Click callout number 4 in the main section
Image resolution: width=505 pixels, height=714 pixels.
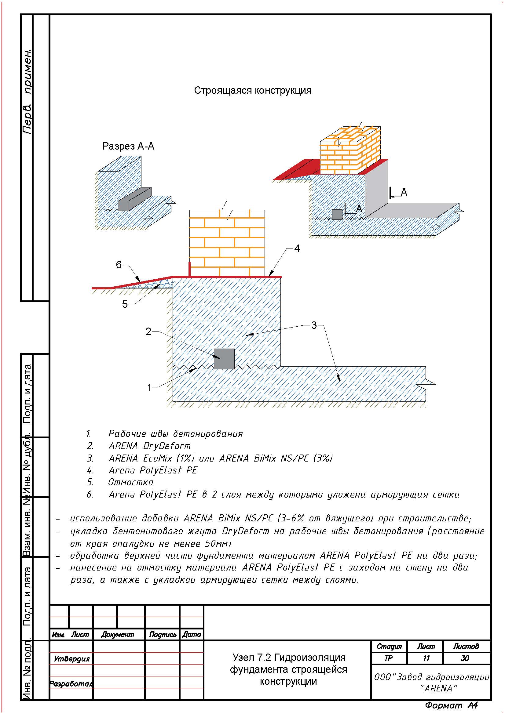click(297, 248)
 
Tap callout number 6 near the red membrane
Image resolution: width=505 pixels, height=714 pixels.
click(119, 265)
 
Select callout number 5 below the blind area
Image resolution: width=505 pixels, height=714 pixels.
click(125, 304)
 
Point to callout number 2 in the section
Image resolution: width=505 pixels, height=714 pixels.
click(148, 332)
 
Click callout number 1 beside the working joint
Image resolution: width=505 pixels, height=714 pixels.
click(149, 387)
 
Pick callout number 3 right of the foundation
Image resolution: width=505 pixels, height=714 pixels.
click(314, 325)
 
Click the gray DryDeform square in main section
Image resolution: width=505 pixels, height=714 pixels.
click(224, 359)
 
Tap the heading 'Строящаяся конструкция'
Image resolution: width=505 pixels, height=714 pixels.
click(253, 90)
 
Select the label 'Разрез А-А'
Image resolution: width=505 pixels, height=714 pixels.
click(128, 146)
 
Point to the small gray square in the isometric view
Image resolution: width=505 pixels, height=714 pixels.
click(337, 215)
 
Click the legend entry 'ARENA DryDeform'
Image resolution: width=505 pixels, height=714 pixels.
click(149, 446)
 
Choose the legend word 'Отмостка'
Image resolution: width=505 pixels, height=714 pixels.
click(131, 482)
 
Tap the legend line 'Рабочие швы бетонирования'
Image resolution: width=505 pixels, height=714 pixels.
click(175, 433)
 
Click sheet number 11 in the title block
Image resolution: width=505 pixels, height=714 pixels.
click(426, 658)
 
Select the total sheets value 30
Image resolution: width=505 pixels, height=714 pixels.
click(465, 658)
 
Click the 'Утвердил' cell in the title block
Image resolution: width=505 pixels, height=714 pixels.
click(71, 659)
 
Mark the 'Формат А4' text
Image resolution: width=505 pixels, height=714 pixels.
click(451, 705)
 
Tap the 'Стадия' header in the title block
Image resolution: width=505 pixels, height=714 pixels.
click(389, 647)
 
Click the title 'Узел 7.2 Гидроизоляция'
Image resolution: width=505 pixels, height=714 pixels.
click(289, 658)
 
